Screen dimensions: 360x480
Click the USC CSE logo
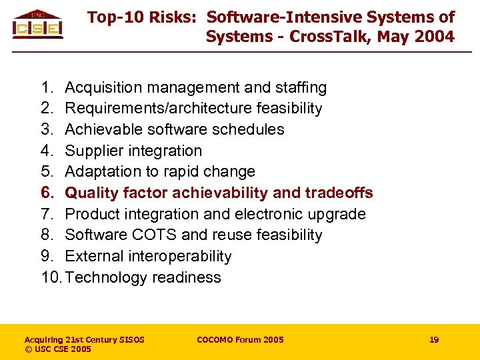point(38,25)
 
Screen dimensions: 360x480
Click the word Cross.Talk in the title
point(328,37)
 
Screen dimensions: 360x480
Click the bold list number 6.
point(47,193)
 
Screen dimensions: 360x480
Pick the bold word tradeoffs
point(339,193)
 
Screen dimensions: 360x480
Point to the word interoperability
point(177,257)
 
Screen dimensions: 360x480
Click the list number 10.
point(51,277)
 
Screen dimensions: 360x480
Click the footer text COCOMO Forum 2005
point(240,340)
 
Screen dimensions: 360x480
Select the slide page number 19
point(434,340)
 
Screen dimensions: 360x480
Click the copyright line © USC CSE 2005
point(58,349)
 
